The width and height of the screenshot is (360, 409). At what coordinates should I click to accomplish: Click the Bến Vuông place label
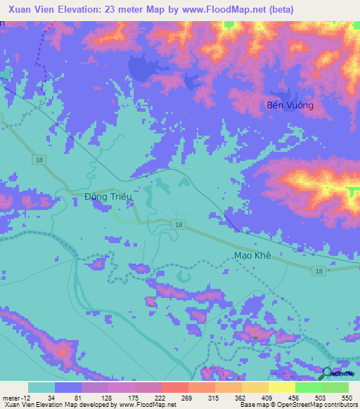[x=290, y=105]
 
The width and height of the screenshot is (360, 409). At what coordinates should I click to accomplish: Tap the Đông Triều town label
[x=105, y=197]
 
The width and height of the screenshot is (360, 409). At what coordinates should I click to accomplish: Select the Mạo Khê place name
[x=252, y=257]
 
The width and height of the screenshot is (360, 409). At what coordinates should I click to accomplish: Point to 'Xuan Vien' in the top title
[x=32, y=9]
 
